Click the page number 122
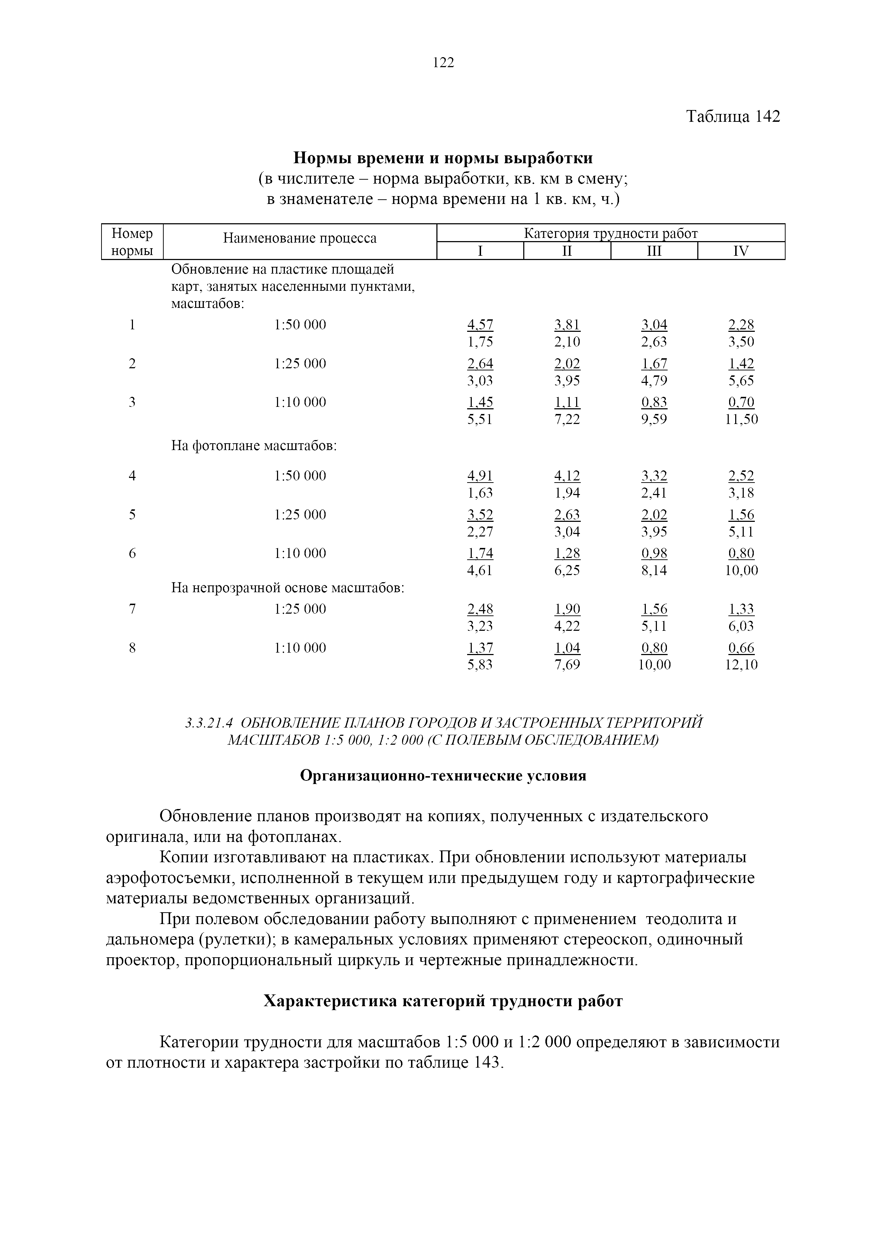click(x=443, y=63)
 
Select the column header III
click(x=654, y=251)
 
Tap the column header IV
click(x=741, y=251)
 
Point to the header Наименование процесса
click(x=300, y=239)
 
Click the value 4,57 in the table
click(x=480, y=325)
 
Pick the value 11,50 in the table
click(x=741, y=420)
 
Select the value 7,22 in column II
click(x=567, y=420)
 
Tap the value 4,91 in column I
click(x=480, y=476)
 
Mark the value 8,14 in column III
click(x=654, y=571)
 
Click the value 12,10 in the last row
click(x=741, y=665)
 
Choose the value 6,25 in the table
click(x=567, y=571)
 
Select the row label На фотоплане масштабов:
click(x=254, y=446)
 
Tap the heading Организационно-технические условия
click(x=443, y=776)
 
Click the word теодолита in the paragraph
click(x=684, y=919)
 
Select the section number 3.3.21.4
click(x=209, y=723)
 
